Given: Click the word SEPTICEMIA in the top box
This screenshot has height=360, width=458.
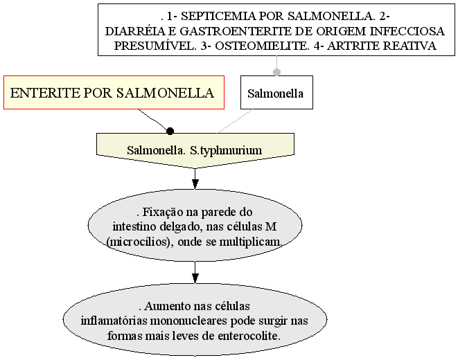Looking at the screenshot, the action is pyautogui.click(x=218, y=17).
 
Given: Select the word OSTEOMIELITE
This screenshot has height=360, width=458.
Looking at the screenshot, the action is pyautogui.click(x=262, y=46).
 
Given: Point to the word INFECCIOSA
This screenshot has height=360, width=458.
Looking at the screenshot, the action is pyautogui.click(x=407, y=31).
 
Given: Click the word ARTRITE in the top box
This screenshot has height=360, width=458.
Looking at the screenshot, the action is pyautogui.click(x=353, y=46).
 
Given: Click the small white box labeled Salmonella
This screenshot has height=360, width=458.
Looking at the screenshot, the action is pyautogui.click(x=276, y=93).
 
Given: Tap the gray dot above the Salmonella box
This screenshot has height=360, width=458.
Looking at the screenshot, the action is pyautogui.click(x=276, y=72).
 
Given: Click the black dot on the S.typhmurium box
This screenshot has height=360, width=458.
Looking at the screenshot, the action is pyautogui.click(x=170, y=132).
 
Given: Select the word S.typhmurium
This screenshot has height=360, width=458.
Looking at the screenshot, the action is pyautogui.click(x=226, y=150).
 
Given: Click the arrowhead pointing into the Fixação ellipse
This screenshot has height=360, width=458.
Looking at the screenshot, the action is pyautogui.click(x=195, y=183).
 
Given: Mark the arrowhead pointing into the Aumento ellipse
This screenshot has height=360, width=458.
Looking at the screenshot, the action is pyautogui.click(x=195, y=278).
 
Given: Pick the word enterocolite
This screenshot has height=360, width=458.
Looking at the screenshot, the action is pyautogui.click(x=249, y=336).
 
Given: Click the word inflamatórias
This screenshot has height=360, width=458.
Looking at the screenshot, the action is pyautogui.click(x=114, y=321).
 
